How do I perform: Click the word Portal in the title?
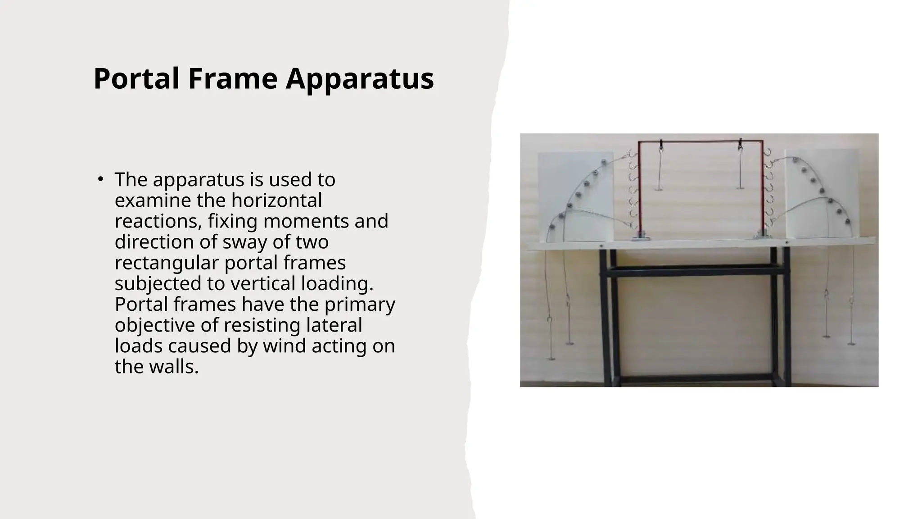pyautogui.click(x=136, y=79)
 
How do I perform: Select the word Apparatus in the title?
pyautogui.click(x=360, y=79)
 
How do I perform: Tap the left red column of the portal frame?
pyautogui.click(x=639, y=189)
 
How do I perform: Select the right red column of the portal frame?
pyautogui.click(x=762, y=189)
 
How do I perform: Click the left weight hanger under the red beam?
pyautogui.click(x=659, y=169)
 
